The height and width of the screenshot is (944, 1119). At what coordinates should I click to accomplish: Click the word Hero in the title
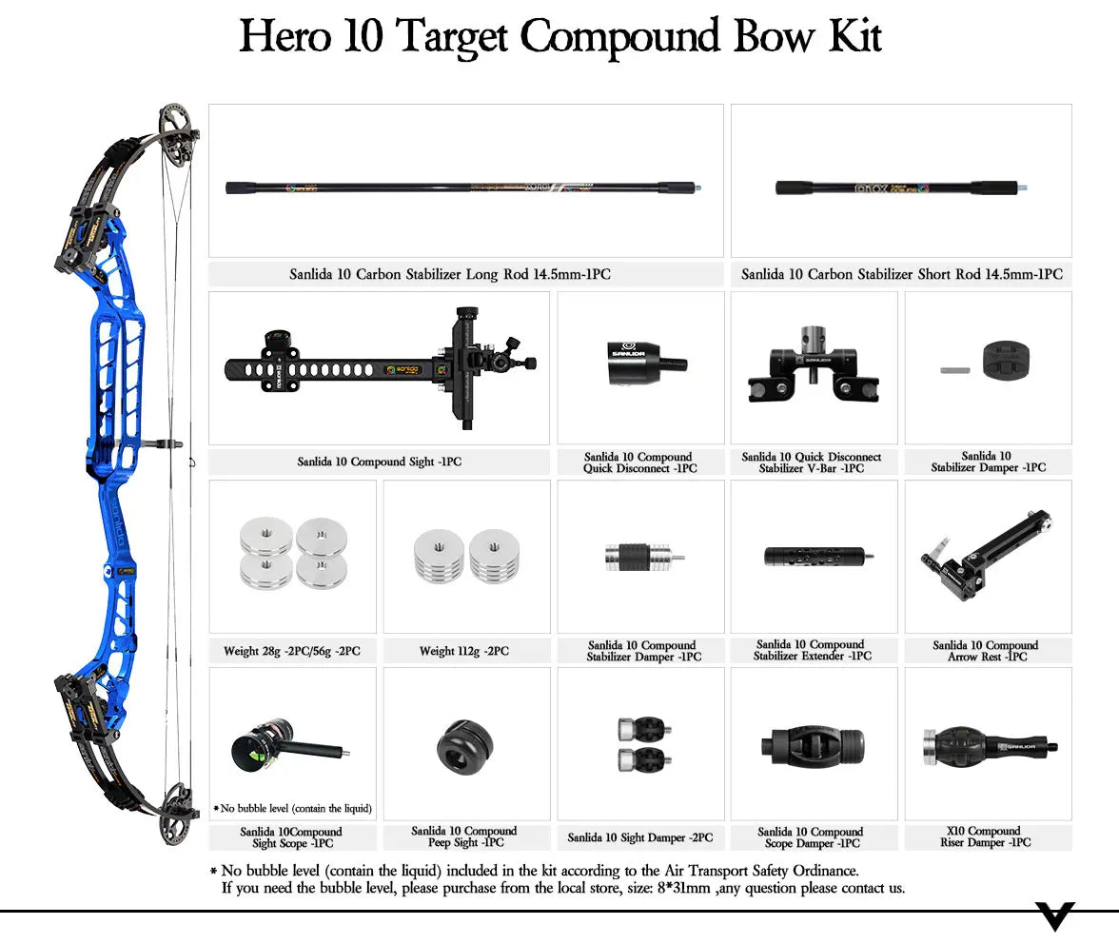pos(285,36)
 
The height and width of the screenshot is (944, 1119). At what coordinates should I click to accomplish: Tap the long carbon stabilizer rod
pos(463,187)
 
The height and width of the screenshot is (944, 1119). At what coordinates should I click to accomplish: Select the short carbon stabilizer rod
pos(901,187)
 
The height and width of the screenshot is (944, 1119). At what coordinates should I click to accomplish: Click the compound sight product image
pos(381,365)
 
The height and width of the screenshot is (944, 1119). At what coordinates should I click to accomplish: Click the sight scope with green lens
pos(276,745)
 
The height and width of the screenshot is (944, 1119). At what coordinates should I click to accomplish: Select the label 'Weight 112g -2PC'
pos(463,652)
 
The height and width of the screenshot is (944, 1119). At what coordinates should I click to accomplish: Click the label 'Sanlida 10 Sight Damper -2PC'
pos(638,837)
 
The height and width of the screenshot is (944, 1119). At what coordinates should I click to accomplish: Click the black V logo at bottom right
pos(1054,915)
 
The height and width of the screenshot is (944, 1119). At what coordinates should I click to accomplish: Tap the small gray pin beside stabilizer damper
pos(953,369)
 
